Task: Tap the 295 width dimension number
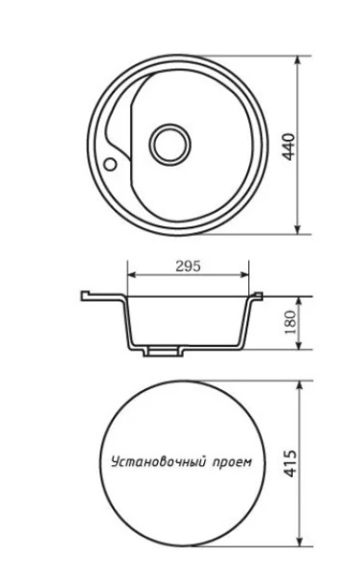[188, 267]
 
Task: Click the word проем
[230, 462]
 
